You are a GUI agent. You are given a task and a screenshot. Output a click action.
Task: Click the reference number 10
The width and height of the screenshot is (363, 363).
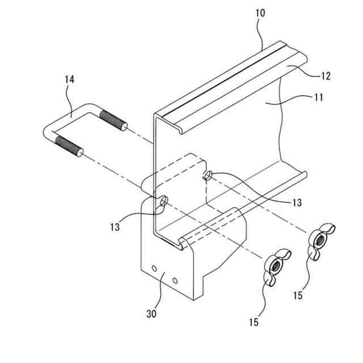(x=259, y=12)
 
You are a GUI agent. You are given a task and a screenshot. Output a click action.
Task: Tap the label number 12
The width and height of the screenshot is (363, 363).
(x=325, y=76)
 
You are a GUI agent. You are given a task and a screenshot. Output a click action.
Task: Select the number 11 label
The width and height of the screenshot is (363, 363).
(x=318, y=97)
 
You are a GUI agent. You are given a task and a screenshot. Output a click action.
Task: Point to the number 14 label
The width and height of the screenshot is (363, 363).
(x=69, y=80)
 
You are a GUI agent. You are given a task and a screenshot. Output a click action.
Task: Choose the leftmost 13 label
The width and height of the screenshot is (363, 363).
(x=115, y=227)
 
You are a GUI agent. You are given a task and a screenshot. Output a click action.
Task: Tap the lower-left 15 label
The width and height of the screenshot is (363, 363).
(x=253, y=322)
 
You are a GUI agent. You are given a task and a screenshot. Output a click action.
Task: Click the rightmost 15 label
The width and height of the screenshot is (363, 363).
(x=298, y=296)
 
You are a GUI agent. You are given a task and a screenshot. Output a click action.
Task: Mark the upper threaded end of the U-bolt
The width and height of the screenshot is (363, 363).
(x=113, y=121)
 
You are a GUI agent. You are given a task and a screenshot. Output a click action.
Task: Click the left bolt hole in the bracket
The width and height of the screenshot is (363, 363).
(x=163, y=201)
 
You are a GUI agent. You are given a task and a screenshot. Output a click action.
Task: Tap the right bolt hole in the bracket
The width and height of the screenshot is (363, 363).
(x=208, y=175)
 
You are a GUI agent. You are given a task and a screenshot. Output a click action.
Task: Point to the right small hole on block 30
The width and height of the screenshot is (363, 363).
(x=175, y=280)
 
